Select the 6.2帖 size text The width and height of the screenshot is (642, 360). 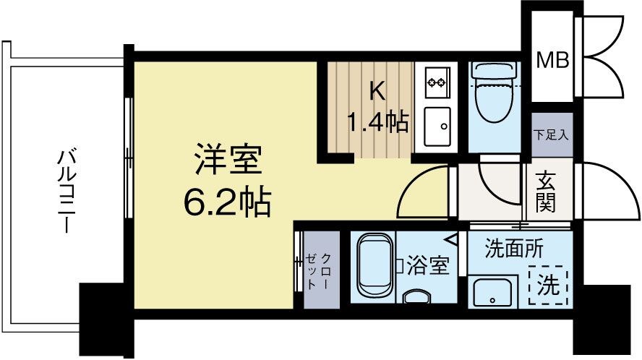[x=226, y=205]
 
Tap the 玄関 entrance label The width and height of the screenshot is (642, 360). [x=545, y=191]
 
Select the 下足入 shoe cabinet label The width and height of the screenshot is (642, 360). [x=552, y=134]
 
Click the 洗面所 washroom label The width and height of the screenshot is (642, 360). [x=514, y=249]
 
